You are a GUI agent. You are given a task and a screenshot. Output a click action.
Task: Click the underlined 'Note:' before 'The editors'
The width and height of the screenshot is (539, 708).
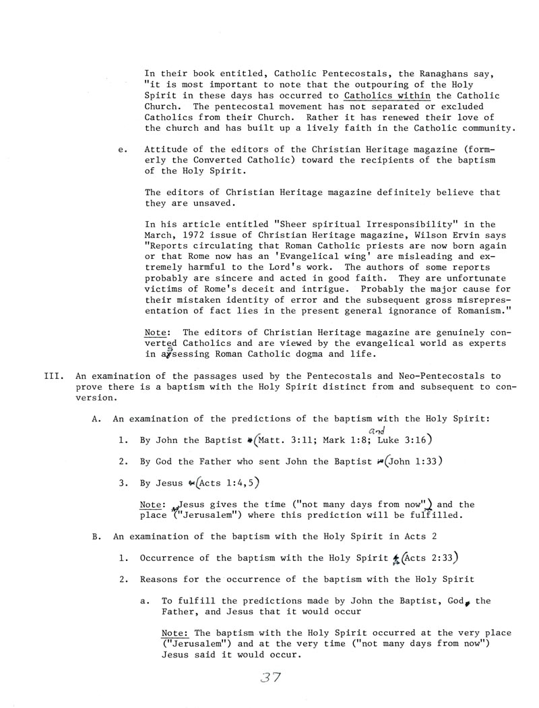tap(158, 332)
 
